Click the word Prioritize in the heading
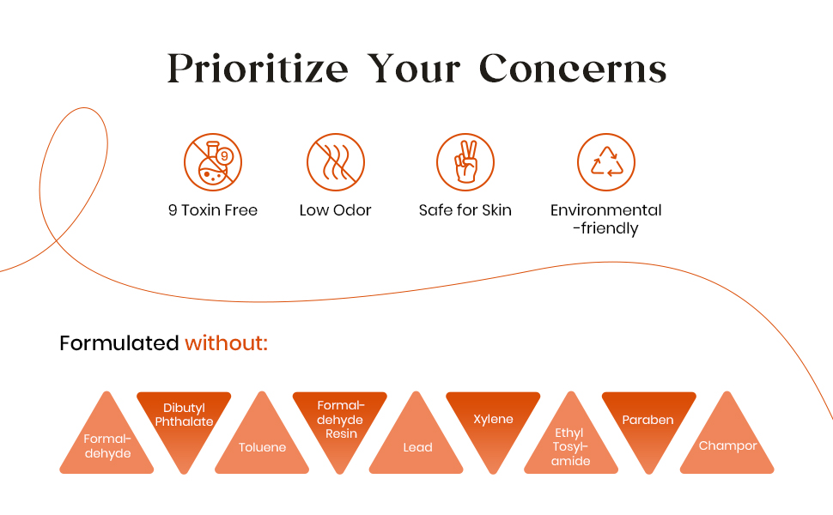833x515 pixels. click(x=258, y=69)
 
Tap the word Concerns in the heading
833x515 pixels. click(x=572, y=68)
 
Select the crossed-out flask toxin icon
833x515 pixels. click(x=213, y=162)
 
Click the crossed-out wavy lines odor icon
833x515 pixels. click(x=335, y=162)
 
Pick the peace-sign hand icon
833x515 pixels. click(x=465, y=162)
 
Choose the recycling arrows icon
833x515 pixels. click(x=606, y=162)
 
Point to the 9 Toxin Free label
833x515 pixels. click(x=213, y=210)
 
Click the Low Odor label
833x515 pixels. click(x=335, y=210)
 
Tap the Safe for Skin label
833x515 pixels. click(x=465, y=210)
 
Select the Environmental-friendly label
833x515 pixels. click(x=606, y=219)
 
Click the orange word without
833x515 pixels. click(x=227, y=343)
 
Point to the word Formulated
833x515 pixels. click(x=119, y=343)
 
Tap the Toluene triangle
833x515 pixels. click(x=262, y=442)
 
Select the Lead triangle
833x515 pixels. click(x=416, y=442)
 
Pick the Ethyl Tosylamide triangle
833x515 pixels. click(x=571, y=442)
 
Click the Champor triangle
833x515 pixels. click(x=727, y=442)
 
